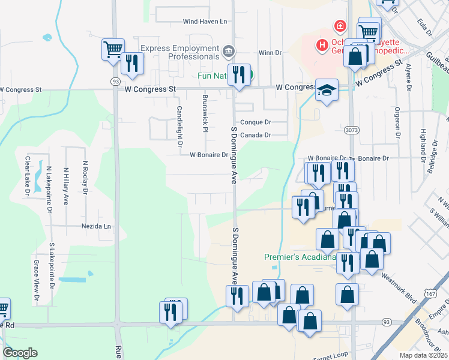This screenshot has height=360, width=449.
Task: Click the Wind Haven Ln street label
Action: [x=205, y=22]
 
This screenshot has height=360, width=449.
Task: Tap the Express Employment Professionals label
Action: [x=179, y=52]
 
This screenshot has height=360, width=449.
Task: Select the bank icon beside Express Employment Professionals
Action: [x=228, y=52]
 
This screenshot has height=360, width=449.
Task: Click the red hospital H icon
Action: [x=322, y=45]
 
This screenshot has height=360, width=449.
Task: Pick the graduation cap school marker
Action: [x=326, y=91]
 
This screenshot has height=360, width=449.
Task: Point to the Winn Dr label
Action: [x=270, y=53]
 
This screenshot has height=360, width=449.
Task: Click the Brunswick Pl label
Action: [x=205, y=112]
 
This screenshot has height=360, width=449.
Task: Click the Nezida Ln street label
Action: [x=97, y=227]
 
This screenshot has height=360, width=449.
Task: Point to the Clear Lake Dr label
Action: [x=27, y=176]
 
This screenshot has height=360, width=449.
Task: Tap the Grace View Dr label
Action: [x=36, y=281]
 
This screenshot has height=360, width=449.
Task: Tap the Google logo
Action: [x=20, y=353]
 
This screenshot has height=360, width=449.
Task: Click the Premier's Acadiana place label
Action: [x=299, y=257]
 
